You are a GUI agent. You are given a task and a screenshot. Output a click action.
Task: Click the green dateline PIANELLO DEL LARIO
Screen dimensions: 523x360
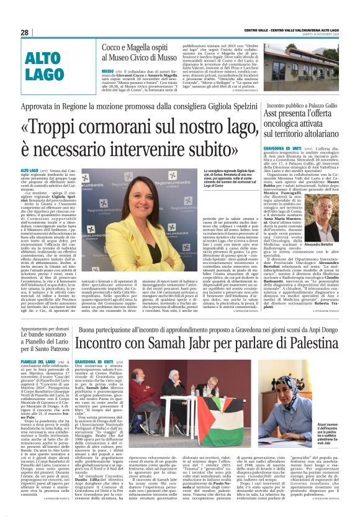pos(38,361)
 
